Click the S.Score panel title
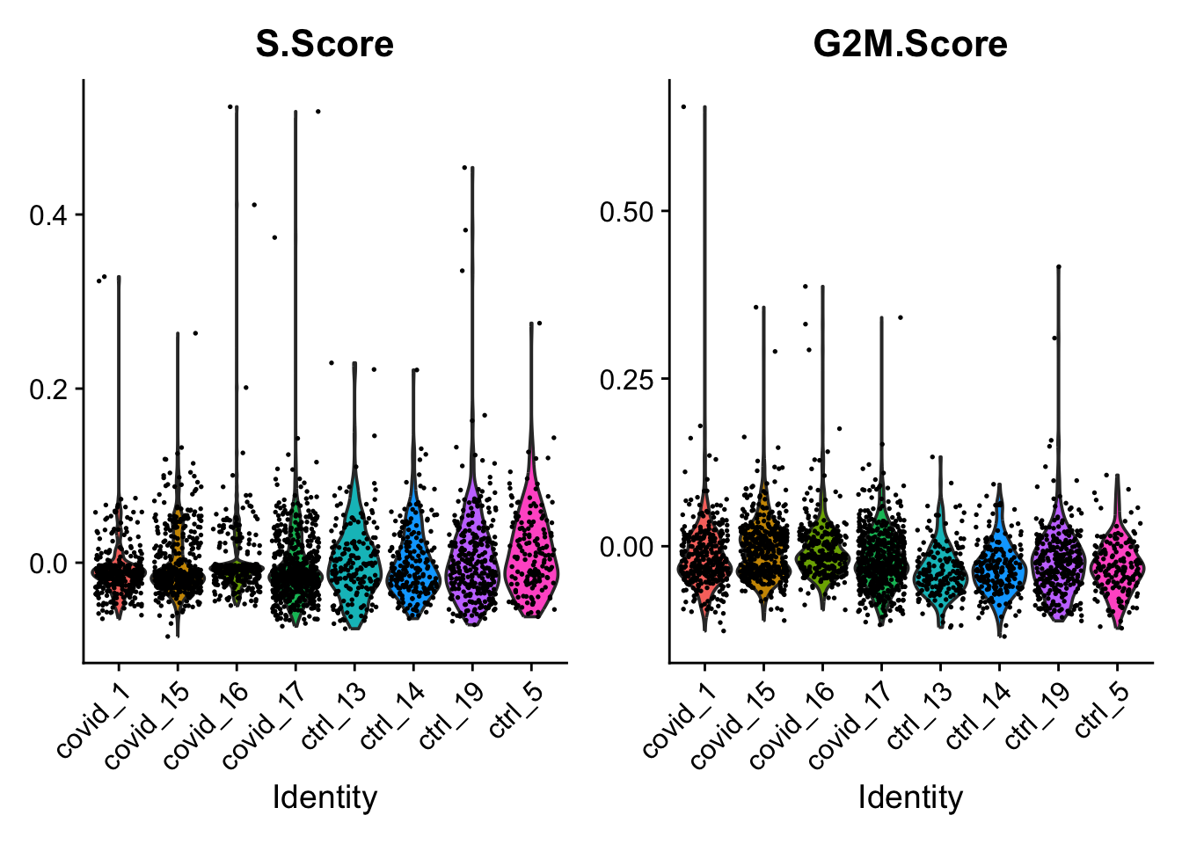[x=325, y=44]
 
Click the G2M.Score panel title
[x=910, y=44]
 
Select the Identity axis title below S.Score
[x=325, y=797]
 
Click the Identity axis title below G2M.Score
[x=910, y=797]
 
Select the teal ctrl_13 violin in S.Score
[x=354, y=563]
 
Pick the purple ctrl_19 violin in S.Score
[x=472, y=563]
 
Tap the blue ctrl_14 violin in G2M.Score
[x=999, y=571]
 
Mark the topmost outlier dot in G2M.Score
[x=683, y=106]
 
